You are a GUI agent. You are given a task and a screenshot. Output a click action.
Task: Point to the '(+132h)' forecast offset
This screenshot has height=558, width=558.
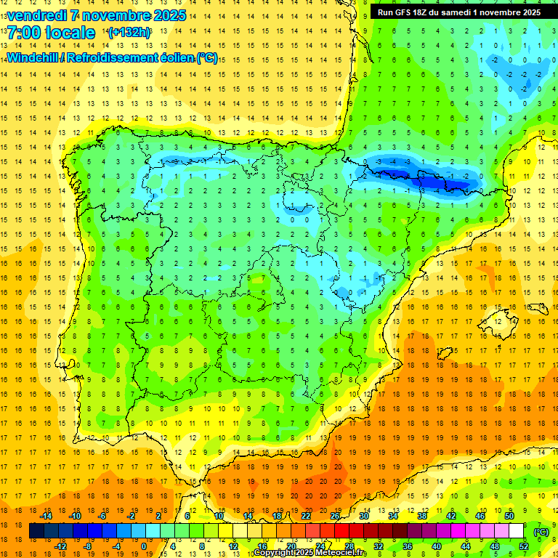pyautogui.click(x=129, y=33)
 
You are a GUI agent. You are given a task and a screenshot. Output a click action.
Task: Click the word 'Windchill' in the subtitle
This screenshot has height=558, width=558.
pyautogui.click(x=33, y=58)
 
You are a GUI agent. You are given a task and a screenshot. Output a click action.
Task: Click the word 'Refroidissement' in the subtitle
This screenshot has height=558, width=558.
pyautogui.click(x=116, y=58)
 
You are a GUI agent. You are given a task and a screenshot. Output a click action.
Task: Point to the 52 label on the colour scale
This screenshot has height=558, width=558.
pyautogui.click(x=524, y=546)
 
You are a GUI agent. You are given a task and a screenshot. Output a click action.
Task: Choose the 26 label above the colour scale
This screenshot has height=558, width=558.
pyautogui.click(x=335, y=516)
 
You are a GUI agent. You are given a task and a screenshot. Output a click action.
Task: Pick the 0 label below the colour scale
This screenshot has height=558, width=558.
pyautogui.click(x=143, y=546)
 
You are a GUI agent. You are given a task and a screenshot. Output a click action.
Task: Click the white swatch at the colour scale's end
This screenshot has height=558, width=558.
pyautogui.click(x=517, y=531)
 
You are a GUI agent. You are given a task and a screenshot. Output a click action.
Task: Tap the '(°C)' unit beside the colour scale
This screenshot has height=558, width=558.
pyautogui.click(x=541, y=532)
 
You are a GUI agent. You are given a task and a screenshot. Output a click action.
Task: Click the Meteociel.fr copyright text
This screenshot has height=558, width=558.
pyautogui.click(x=310, y=553)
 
